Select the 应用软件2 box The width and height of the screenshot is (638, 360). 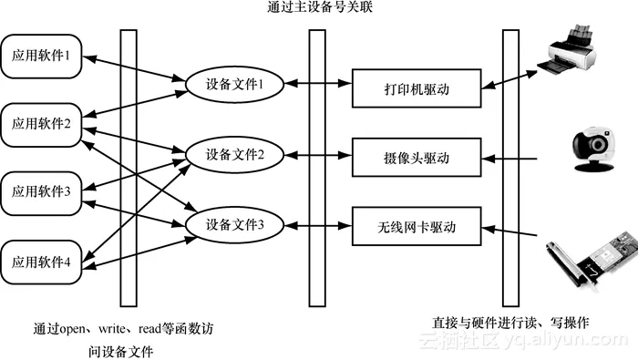pos(42,125)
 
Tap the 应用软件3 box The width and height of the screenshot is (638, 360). pos(42,191)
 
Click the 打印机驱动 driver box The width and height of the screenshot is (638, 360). pos(417,90)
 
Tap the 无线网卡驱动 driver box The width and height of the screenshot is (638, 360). pos(417,225)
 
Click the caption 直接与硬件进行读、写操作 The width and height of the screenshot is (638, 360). pos(510,323)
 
